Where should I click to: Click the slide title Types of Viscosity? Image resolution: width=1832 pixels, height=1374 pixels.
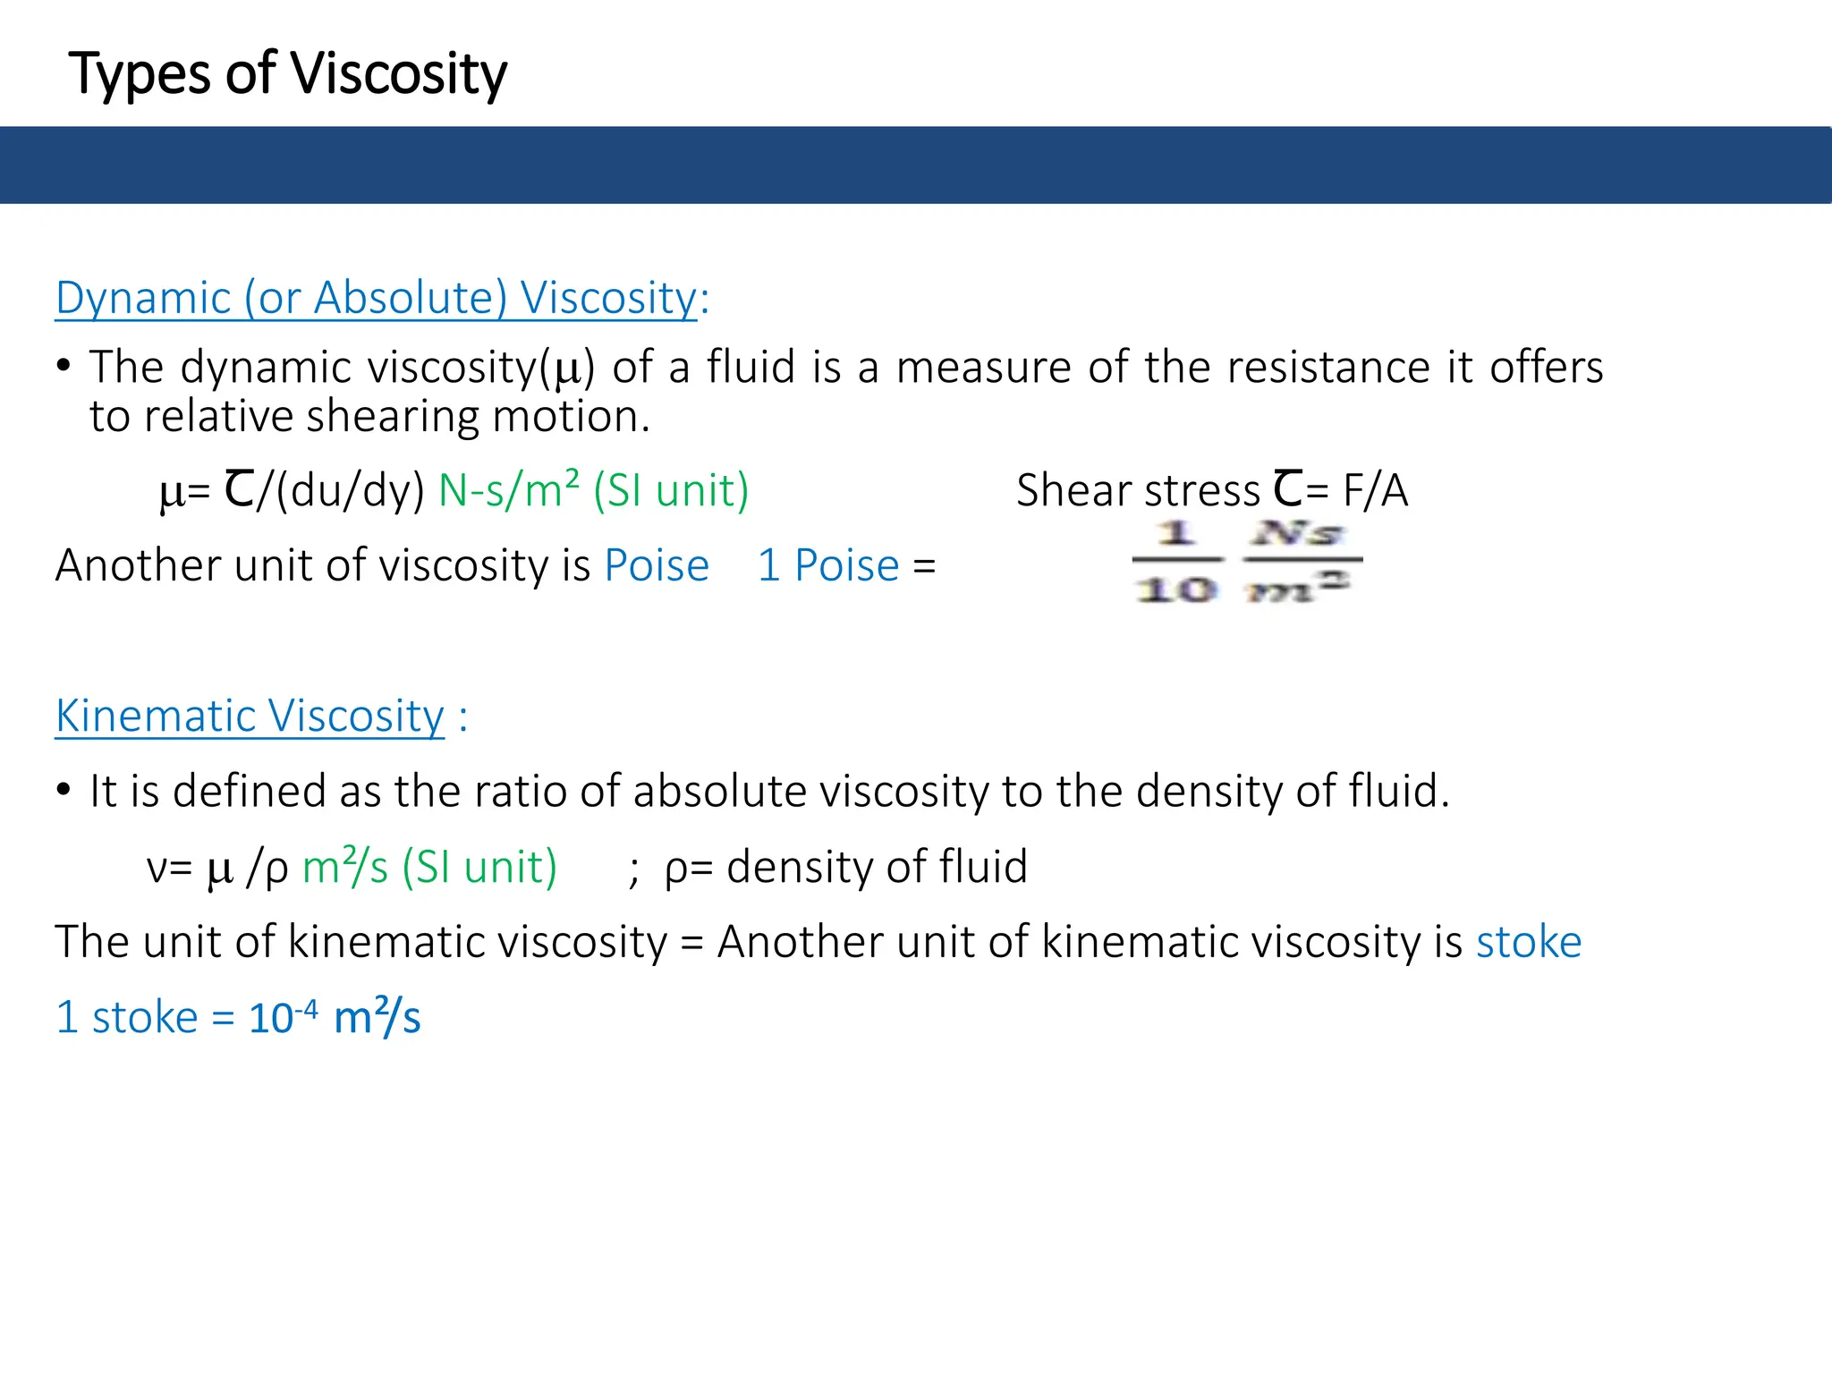coord(287,73)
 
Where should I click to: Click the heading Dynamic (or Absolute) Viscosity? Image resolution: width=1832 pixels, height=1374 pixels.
coord(376,298)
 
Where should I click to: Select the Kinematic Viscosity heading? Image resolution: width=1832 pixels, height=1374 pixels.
coord(250,716)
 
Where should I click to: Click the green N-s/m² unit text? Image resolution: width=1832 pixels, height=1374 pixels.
coord(508,490)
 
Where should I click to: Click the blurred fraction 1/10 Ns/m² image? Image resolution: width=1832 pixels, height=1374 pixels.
coord(1247,562)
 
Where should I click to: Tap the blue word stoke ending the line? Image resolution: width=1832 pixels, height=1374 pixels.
coord(1528,942)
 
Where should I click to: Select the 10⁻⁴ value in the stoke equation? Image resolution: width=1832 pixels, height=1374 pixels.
coord(283,1017)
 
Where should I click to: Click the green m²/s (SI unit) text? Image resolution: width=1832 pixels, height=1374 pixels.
coord(429,867)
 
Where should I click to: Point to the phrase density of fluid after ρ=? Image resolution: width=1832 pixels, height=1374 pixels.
coord(877,867)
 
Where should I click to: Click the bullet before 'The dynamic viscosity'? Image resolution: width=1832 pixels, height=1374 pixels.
coord(63,366)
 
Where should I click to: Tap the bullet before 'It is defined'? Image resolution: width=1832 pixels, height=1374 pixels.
coord(63,790)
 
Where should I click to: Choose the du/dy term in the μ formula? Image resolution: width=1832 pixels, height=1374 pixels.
coord(350,490)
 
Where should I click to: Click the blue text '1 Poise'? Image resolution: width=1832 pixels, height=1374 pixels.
coord(827,565)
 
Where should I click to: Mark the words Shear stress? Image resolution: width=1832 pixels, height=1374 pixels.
coord(1138,490)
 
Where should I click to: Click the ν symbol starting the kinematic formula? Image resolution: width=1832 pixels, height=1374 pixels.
coord(157,868)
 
